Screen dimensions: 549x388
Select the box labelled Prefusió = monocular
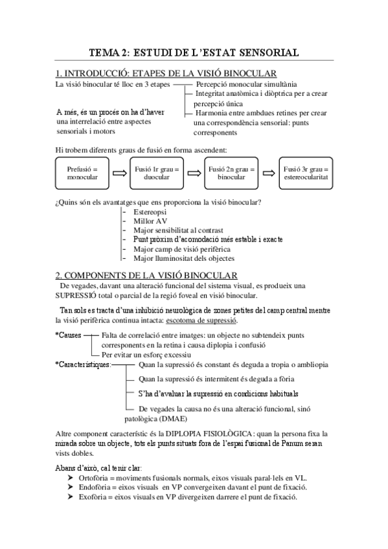[x=82, y=173]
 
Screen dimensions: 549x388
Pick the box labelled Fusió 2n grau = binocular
[x=231, y=173]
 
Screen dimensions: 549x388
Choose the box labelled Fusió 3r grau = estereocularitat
[x=306, y=173]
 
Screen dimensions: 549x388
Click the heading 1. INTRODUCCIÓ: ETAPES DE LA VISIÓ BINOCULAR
[x=166, y=73]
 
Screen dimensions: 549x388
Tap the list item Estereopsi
[x=150, y=212]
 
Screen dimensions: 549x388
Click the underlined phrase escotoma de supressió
[x=201, y=320]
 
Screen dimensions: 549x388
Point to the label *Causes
[x=70, y=335]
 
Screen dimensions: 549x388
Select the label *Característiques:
[x=83, y=364]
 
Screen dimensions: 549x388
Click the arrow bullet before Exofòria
[x=71, y=497]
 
